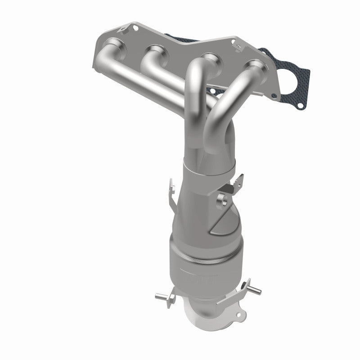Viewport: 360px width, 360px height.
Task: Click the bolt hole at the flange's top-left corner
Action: point(134,28)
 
